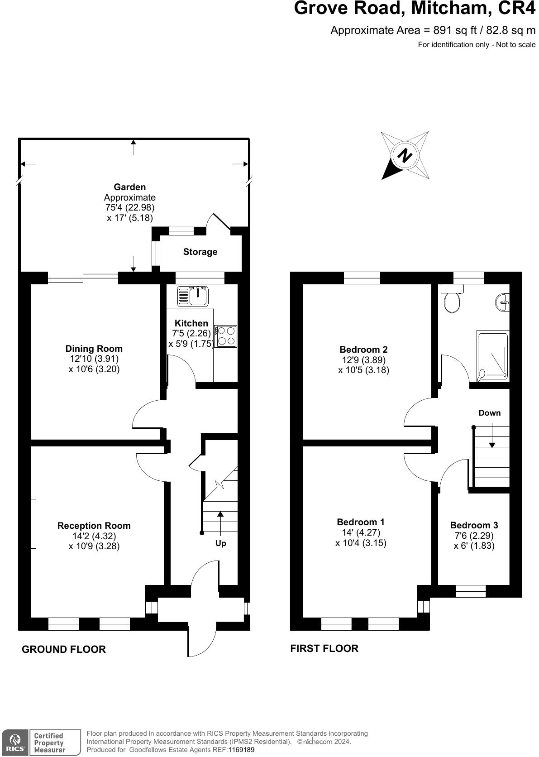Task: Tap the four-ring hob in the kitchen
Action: [226, 336]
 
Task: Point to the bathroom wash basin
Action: [503, 302]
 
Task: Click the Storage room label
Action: [200, 252]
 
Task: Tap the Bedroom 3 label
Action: [474, 525]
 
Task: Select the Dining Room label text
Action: [94, 349]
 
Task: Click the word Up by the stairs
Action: [220, 543]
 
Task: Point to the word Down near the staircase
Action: [490, 413]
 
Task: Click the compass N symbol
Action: [405, 155]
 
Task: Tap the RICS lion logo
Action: [14, 742]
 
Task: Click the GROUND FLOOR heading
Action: [64, 649]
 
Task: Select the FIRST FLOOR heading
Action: [324, 648]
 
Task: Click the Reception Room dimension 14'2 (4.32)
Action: [94, 536]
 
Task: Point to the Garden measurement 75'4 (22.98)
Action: [129, 208]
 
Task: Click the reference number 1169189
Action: [241, 750]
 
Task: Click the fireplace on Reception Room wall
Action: [33, 523]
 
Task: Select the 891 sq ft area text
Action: [453, 30]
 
